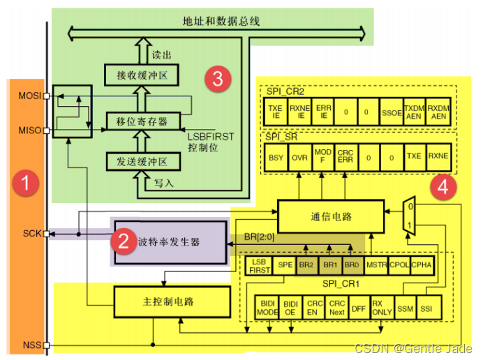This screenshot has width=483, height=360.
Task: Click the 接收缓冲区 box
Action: point(142,73)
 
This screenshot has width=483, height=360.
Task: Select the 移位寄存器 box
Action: point(142,121)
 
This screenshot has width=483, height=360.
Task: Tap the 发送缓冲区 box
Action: point(142,162)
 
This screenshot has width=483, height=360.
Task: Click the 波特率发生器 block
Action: point(170,241)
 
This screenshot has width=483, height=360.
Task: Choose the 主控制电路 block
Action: point(171,301)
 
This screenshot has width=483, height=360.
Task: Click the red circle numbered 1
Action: point(26,184)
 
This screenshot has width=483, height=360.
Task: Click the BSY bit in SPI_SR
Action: point(276,157)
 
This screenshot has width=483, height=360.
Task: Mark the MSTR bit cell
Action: point(376,265)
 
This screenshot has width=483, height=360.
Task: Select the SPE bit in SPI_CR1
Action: point(285,265)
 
